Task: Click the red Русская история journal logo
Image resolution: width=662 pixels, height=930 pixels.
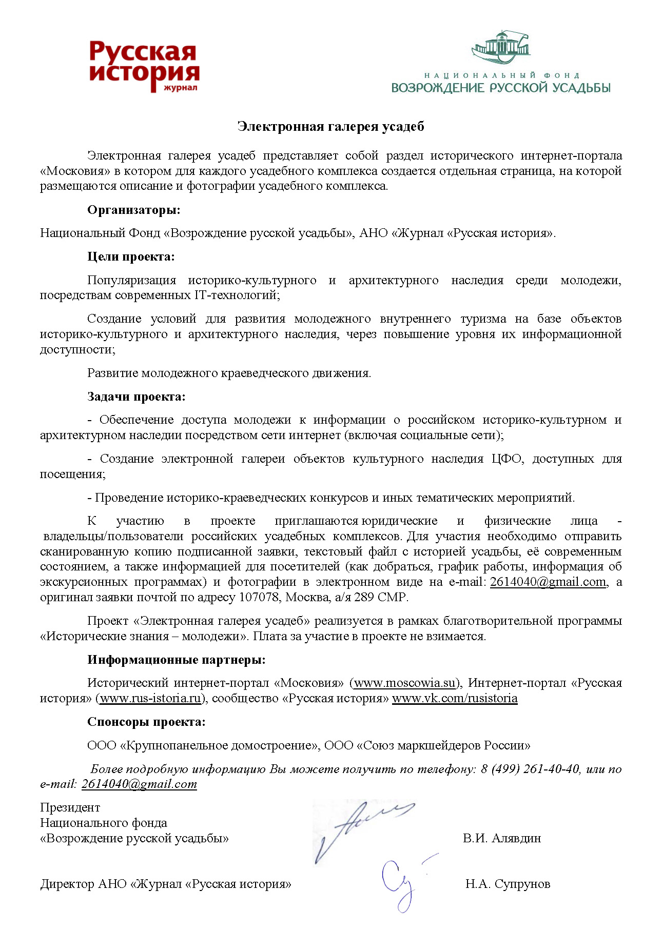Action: click(144, 67)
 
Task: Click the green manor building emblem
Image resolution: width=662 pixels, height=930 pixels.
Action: click(500, 47)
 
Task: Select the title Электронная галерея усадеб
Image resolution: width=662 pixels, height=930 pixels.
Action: click(331, 127)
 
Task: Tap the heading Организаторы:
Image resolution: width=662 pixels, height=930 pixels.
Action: click(133, 210)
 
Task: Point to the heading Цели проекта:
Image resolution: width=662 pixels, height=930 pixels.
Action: click(131, 256)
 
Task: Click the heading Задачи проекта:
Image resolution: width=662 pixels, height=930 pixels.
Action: click(136, 397)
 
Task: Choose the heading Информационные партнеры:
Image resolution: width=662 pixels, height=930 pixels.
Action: click(176, 660)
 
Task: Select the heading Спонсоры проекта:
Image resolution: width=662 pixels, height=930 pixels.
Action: click(146, 722)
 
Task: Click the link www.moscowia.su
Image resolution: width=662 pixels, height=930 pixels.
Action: click(405, 683)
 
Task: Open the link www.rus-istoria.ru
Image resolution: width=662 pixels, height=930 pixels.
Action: click(150, 699)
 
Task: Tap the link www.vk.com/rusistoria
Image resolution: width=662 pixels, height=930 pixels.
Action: click(455, 699)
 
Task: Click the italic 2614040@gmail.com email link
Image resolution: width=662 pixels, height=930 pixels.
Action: click(139, 784)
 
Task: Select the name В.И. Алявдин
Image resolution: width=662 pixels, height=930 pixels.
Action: click(501, 838)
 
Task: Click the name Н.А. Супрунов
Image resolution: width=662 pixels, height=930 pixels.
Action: click(508, 884)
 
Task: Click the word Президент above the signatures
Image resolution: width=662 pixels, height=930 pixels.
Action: click(70, 807)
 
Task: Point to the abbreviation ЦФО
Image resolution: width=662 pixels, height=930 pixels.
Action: click(507, 459)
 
